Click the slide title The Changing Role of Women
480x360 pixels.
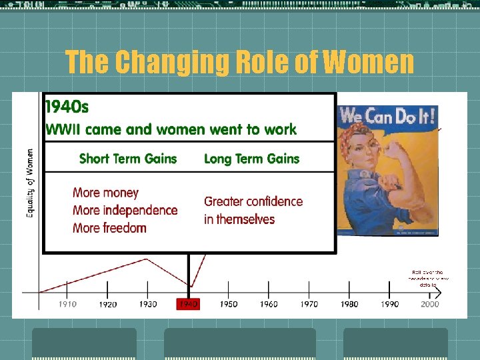pos(239,63)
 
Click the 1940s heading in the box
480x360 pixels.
pos(67,107)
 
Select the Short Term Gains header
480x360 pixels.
pos(128,159)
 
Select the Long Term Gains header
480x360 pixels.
pos(251,159)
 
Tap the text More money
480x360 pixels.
pos(105,193)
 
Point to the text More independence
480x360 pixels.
pos(125,210)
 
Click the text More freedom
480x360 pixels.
pos(109,228)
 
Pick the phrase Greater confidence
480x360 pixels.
pos(253,201)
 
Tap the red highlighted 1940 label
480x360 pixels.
pos(188,304)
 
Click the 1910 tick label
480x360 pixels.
pos(67,304)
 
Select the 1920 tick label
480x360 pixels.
pos(108,305)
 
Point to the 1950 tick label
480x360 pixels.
pos(229,304)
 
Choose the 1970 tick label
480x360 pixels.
pos(309,304)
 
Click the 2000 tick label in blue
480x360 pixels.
pos(430,304)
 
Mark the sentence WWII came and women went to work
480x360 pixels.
pos(171,129)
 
